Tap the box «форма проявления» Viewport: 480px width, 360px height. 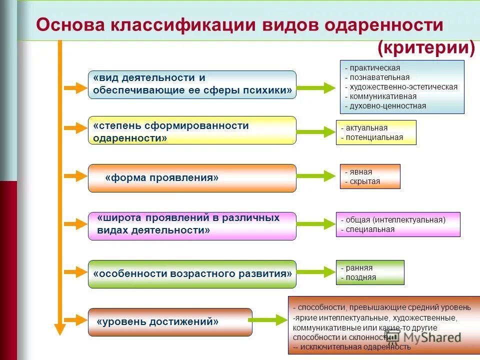click(x=192, y=178)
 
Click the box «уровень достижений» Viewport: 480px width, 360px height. click(x=170, y=321)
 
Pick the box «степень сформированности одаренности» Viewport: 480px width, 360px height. click(x=192, y=130)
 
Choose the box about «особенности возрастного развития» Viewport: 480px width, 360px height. click(x=192, y=274)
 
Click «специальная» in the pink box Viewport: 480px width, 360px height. click(x=369, y=229)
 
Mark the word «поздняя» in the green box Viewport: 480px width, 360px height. click(x=360, y=277)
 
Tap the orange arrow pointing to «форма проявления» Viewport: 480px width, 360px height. click(x=76, y=176)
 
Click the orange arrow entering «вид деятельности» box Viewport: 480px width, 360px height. click(x=76, y=89)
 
